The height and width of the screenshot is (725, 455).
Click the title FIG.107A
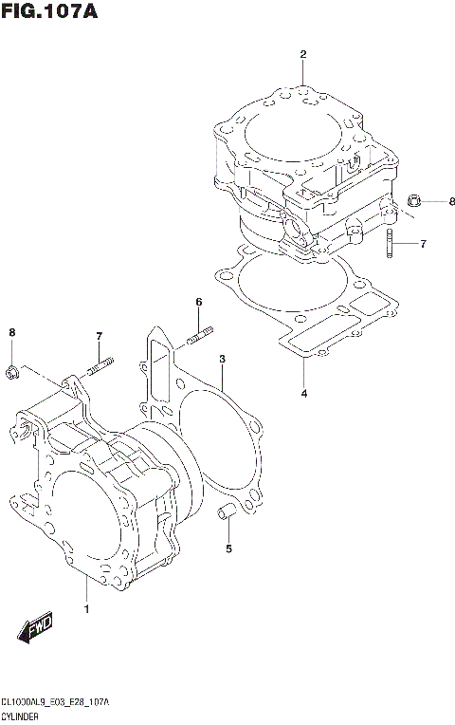click(x=50, y=12)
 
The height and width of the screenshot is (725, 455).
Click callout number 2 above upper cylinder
click(x=303, y=54)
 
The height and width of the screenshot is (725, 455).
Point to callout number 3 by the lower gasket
click(x=221, y=360)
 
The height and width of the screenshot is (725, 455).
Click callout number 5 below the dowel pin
click(x=228, y=548)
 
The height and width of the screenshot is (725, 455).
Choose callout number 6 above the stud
click(x=199, y=303)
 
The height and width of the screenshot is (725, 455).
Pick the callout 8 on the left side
click(x=11, y=331)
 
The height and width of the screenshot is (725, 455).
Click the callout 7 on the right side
click(x=423, y=244)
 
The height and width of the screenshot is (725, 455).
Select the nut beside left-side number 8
click(x=12, y=372)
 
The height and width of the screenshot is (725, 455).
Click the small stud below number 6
click(x=200, y=335)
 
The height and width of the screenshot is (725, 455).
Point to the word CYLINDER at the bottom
click(x=21, y=716)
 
